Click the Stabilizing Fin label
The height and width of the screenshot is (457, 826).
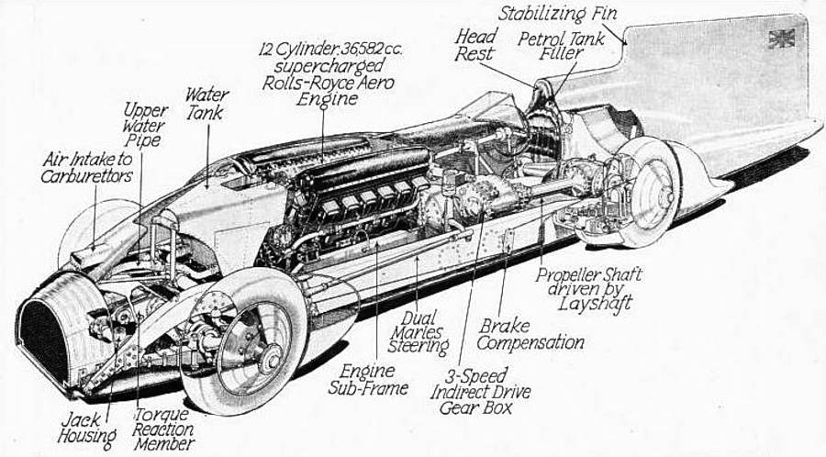pyautogui.click(x=557, y=13)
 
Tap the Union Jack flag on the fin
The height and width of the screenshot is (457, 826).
pyautogui.click(x=781, y=39)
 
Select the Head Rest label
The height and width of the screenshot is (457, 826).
pyautogui.click(x=475, y=45)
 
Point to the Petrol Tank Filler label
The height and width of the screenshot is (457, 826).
pyautogui.click(x=561, y=45)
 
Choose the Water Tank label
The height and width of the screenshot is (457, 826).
pyautogui.click(x=206, y=104)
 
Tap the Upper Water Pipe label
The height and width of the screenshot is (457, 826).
pyautogui.click(x=144, y=126)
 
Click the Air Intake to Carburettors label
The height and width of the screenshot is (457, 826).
pyautogui.click(x=87, y=167)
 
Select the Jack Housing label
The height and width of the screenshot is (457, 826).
pyautogui.click(x=86, y=428)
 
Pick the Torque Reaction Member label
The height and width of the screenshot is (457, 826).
pyautogui.click(x=163, y=429)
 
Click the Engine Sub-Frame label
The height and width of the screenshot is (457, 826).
pyautogui.click(x=368, y=379)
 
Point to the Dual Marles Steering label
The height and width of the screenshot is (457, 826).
pyautogui.click(x=419, y=332)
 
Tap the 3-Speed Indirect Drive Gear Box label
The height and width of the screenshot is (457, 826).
pyautogui.click(x=480, y=392)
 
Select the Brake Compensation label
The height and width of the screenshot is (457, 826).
pyautogui.click(x=530, y=334)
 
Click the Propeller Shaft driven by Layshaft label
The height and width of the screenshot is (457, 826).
pyautogui.click(x=589, y=290)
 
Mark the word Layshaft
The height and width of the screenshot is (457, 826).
pyautogui.click(x=596, y=304)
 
